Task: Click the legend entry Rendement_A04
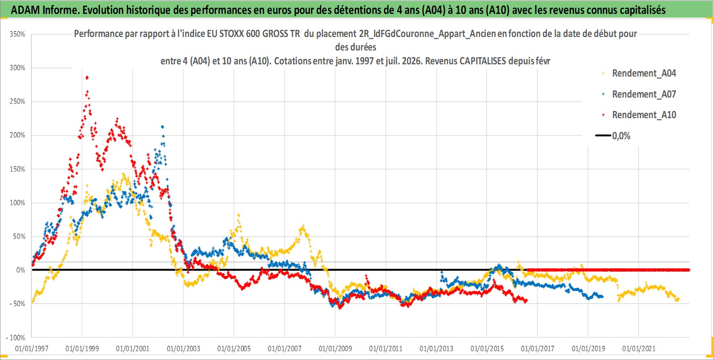[639, 73]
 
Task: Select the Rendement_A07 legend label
[639, 94]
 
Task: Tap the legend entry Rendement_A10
[639, 115]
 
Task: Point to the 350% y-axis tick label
[17, 34]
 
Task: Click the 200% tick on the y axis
[17, 135]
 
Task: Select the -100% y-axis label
[15, 337]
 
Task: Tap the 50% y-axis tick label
[19, 237]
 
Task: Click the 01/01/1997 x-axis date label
[32, 349]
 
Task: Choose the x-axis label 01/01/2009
[335, 349]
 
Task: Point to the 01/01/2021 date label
[639, 349]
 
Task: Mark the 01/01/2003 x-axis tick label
[183, 349]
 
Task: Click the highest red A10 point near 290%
[87, 77]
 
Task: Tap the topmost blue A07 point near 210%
[163, 127]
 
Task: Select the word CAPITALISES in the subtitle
[483, 61]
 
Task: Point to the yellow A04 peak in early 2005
[238, 215]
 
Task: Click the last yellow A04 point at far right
[678, 299]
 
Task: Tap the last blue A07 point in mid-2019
[602, 296]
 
